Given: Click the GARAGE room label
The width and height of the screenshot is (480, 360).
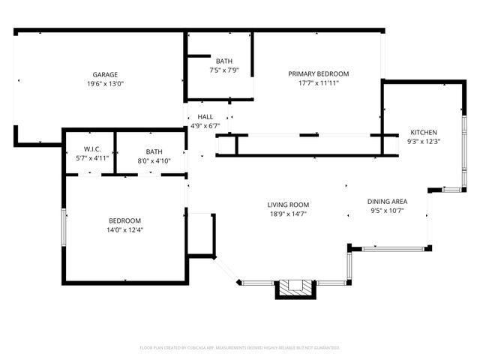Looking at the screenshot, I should coord(105,75).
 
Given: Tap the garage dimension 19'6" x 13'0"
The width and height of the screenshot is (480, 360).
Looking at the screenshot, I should coord(105,84).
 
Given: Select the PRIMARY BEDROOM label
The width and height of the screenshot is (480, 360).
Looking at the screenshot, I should coord(319,73).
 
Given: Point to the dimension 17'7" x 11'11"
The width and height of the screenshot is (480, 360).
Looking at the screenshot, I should coord(319,83).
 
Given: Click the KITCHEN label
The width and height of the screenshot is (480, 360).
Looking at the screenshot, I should coord(424,132).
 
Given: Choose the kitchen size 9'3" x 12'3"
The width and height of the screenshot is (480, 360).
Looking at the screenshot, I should coord(424,141).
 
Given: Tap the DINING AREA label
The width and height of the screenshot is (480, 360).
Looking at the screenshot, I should coord(387,202).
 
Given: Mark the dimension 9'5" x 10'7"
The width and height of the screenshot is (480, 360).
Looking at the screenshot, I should coord(387,211).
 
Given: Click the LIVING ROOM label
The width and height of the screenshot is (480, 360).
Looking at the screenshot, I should coord(289,205).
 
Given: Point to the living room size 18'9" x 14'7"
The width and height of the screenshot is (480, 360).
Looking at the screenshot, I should coord(289,214).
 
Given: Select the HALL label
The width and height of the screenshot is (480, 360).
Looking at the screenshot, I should coord(205,117).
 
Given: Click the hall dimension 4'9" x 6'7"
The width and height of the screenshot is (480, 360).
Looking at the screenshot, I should coord(205,126).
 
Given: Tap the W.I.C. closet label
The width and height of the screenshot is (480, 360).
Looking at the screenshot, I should coord(89,149).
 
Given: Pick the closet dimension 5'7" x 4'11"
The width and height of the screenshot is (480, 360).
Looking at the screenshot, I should coord(89,158).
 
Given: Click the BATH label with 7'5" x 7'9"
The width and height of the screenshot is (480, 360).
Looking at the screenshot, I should coord(223,61).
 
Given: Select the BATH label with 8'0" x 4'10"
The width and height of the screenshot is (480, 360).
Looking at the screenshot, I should coord(154,151).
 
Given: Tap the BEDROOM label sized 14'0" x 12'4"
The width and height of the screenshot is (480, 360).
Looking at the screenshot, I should coord(125,220).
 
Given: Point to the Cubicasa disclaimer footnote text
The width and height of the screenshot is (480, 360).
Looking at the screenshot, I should coord(240,348).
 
